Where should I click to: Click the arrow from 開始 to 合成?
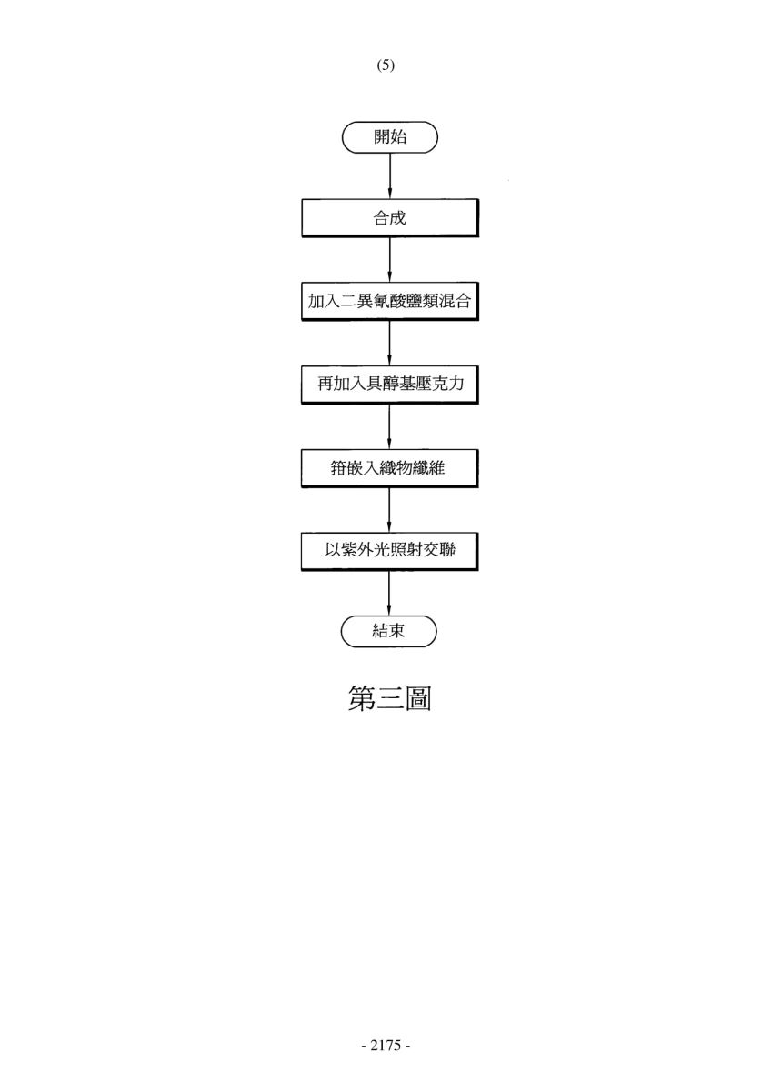coord(390,175)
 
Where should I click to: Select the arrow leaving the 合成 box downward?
coord(390,260)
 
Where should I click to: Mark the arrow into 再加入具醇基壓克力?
coord(390,343)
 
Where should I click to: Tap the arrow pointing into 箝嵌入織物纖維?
coord(390,426)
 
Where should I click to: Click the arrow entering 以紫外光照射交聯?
coord(390,510)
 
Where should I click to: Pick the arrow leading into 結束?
coord(390,593)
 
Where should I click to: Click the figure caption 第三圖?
coord(390,698)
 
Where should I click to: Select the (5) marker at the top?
coord(386,65)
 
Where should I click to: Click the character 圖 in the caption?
coord(418,698)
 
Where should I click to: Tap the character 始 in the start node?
coord(398,137)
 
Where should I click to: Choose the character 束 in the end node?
coord(396,631)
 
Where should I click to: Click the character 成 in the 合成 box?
coord(398,217)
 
